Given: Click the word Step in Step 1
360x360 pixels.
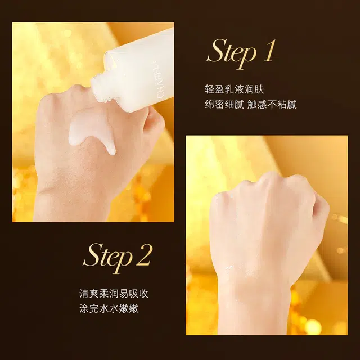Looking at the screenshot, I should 231,52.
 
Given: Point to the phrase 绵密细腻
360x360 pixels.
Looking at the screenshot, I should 223,104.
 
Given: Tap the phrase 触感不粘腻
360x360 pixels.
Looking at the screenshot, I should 273,104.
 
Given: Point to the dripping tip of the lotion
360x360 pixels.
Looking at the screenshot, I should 111,150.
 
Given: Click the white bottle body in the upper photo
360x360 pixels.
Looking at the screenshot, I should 141,67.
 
